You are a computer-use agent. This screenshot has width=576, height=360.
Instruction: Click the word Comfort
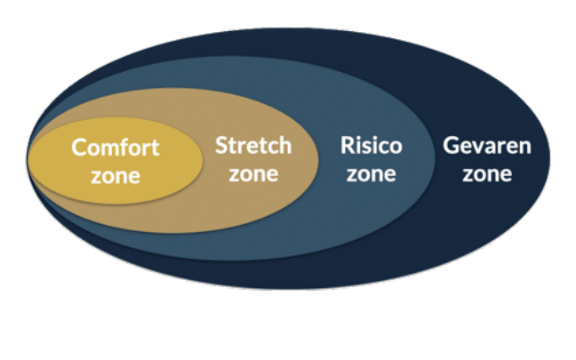116,148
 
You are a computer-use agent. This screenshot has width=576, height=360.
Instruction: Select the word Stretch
253,145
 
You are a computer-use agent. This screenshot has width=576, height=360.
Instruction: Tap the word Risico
372,145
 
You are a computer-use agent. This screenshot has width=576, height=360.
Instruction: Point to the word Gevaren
487,146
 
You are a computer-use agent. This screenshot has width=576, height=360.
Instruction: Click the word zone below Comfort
116,176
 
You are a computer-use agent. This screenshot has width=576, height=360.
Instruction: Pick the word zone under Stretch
253,174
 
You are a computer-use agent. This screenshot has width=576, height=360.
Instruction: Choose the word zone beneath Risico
372,174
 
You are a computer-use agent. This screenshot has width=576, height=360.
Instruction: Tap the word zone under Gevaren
487,174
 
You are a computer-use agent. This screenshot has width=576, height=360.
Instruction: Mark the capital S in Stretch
221,145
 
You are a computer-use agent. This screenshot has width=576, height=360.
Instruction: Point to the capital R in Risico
348,145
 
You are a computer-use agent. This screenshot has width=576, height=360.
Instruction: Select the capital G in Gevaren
451,146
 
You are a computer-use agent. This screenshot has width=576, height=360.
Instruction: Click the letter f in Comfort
139,147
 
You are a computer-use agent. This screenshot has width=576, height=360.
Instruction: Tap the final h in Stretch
285,145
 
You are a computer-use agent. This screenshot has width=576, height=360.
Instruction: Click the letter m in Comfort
117,150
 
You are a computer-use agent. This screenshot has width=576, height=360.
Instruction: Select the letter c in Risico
383,148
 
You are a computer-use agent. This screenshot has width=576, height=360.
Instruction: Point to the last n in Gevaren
525,148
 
